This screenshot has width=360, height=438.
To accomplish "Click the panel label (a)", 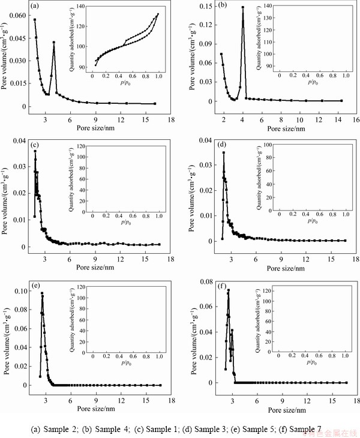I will coord(36,7).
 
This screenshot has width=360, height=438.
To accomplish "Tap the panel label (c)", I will coord(36,145).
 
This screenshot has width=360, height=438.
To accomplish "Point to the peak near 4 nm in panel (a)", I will coord(53,42).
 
